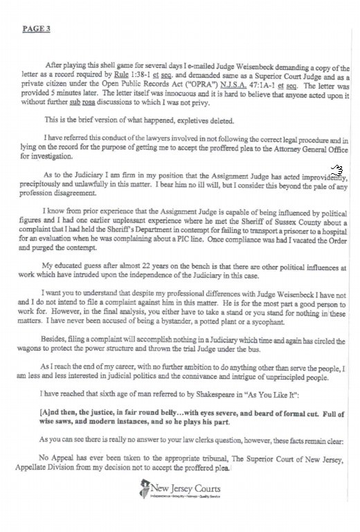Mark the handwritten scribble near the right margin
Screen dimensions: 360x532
[x=336, y=170]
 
